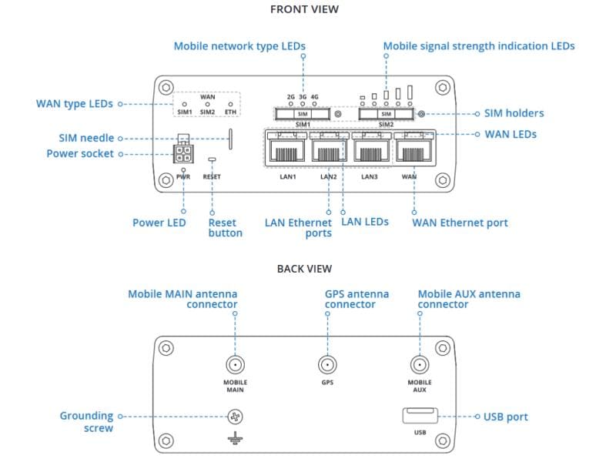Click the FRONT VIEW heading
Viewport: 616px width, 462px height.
(x=304, y=9)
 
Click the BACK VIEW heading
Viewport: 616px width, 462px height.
(x=304, y=269)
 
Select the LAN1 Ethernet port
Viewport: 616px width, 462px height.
(x=286, y=148)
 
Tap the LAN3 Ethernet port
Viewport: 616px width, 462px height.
(x=370, y=148)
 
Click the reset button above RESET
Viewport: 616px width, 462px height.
(x=212, y=159)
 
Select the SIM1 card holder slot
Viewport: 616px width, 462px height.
(x=303, y=114)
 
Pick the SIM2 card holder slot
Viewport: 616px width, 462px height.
(x=386, y=114)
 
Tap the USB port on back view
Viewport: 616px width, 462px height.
(x=419, y=417)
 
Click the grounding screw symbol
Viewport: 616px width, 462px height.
(x=236, y=417)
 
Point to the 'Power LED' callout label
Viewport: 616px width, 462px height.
(x=159, y=223)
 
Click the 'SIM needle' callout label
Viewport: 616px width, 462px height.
(x=86, y=138)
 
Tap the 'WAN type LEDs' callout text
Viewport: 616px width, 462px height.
(x=75, y=104)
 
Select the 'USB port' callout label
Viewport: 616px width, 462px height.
(x=505, y=417)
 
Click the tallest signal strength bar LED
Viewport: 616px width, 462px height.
(x=410, y=92)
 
